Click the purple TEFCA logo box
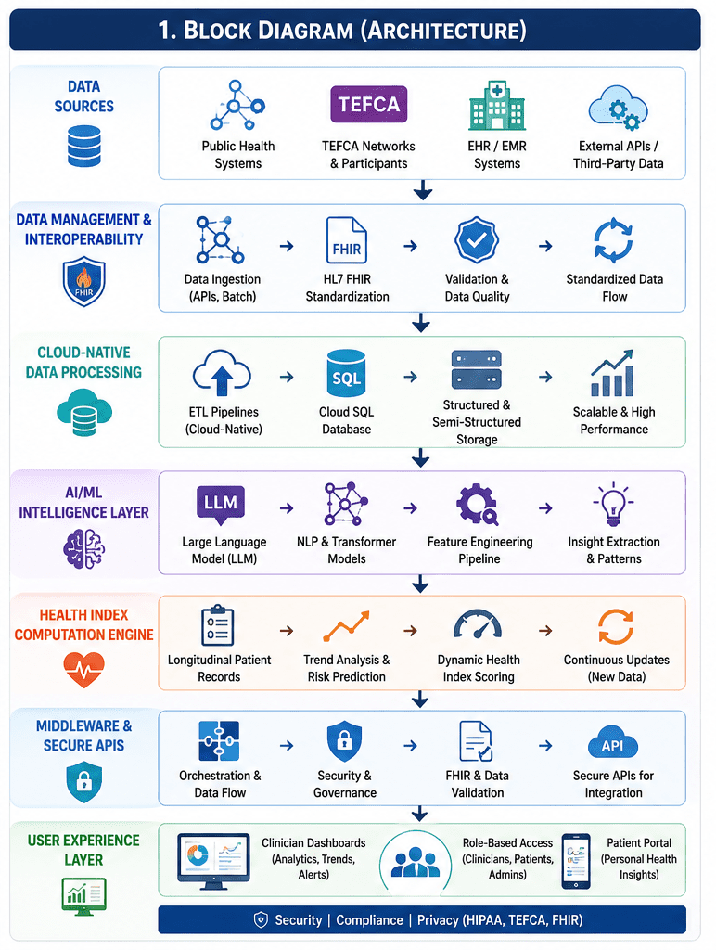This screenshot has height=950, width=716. click(x=368, y=104)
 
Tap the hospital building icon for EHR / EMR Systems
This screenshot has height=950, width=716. click(x=497, y=105)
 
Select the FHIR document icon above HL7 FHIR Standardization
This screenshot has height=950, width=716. click(x=347, y=240)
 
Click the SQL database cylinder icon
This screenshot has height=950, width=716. click(x=346, y=373)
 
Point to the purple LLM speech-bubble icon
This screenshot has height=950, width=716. click(x=221, y=504)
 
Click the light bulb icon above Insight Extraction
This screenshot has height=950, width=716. click(x=614, y=504)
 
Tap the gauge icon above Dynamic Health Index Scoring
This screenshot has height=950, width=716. click(x=478, y=624)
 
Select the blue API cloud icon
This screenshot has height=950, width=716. click(x=613, y=744)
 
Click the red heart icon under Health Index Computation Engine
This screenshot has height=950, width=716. click(x=83, y=670)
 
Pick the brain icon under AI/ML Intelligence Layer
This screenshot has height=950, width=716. click(x=84, y=548)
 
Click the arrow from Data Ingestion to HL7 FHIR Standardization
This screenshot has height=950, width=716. click(x=287, y=246)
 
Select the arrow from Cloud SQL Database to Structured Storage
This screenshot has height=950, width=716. click(x=411, y=377)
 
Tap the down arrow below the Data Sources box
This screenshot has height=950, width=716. click(x=423, y=189)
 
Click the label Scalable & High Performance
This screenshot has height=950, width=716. click(x=614, y=420)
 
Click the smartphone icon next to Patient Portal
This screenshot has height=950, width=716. click(x=575, y=861)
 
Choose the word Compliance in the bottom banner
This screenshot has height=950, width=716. click(x=369, y=920)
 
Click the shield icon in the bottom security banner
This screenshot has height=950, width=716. click(x=261, y=920)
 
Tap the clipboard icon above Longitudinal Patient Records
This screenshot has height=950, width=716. click(x=217, y=625)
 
